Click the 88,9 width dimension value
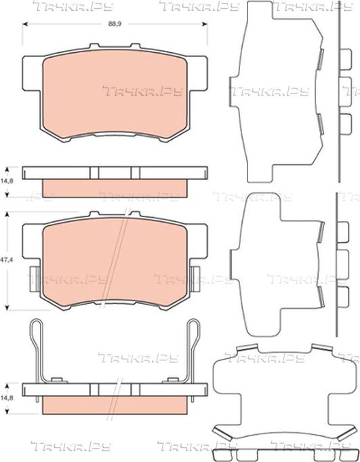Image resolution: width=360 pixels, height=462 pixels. (x=115, y=24)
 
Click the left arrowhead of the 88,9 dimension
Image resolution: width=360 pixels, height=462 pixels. (x=25, y=24)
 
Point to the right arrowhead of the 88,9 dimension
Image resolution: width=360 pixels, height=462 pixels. (x=205, y=24)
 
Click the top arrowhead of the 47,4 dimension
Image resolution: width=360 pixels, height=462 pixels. (x=7, y=214)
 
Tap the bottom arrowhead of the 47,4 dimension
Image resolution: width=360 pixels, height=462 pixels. (x=7, y=307)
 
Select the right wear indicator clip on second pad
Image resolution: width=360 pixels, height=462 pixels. (x=195, y=278)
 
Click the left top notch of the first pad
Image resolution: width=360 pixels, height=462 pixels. (x=94, y=46)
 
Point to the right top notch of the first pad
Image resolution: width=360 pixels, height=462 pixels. (x=136, y=46)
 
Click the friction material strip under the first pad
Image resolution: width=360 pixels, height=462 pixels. (x=115, y=188)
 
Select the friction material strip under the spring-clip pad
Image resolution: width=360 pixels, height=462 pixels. (x=115, y=405)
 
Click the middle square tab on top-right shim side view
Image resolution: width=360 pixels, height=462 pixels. (x=346, y=92)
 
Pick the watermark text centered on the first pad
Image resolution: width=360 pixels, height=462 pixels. (x=143, y=91)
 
